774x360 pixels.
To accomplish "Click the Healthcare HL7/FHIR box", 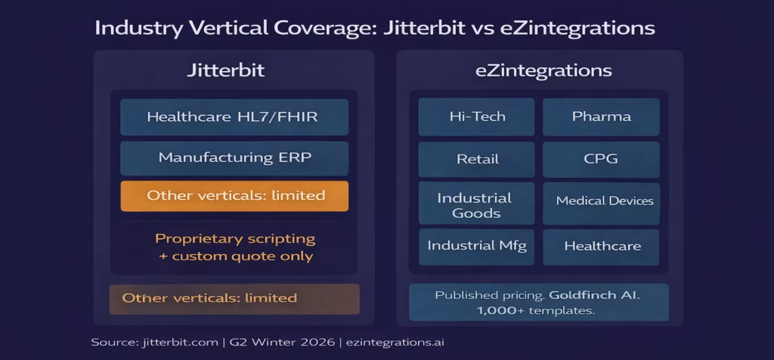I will [234, 117].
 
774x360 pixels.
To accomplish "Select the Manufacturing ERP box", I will [234, 158].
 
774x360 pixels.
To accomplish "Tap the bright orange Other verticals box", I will [234, 196].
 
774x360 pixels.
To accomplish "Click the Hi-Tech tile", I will [477, 116].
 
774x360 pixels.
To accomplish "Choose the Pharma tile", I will [601, 116].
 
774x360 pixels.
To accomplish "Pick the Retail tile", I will [477, 160].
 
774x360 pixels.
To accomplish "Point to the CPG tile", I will [601, 160].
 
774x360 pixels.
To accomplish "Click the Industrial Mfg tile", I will [477, 246].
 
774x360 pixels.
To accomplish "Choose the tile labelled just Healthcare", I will [601, 246].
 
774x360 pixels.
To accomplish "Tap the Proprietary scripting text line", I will [235, 238].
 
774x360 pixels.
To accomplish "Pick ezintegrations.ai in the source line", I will [404, 342].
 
